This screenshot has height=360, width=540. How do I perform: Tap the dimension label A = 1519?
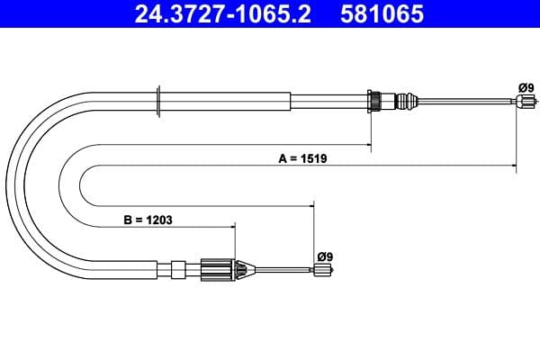coord(301,158)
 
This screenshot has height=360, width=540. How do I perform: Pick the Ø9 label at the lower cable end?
coord(324,256)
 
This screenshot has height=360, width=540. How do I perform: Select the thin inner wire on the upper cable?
coord(468,102)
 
